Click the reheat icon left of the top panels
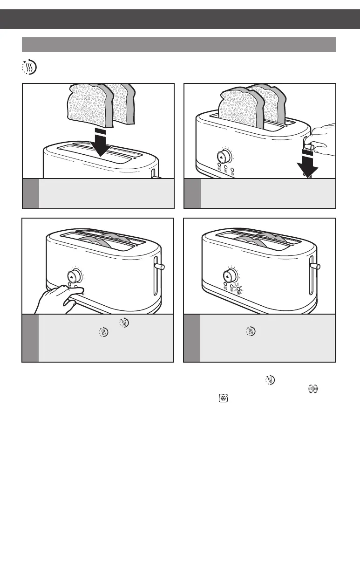click(x=29, y=67)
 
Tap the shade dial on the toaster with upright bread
click(x=224, y=155)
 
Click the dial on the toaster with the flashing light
click(x=230, y=275)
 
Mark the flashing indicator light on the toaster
click(x=239, y=289)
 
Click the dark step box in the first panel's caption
click(x=31, y=193)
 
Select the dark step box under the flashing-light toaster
click(x=192, y=338)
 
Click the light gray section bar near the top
click(x=179, y=45)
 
